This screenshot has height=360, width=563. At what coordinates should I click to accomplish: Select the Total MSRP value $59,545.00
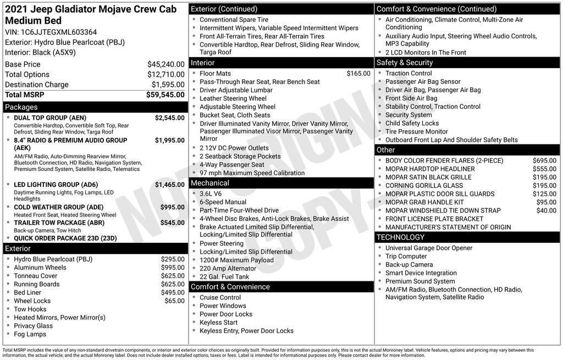pyautogui.click(x=165, y=95)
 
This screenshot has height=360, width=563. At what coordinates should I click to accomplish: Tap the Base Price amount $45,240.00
pyautogui.click(x=165, y=64)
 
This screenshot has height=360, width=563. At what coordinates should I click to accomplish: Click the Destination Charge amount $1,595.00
pyautogui.click(x=168, y=85)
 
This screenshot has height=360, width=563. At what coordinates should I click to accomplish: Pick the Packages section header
pyautogui.click(x=21, y=107)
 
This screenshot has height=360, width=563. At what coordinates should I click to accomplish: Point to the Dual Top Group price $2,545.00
pyautogui.click(x=169, y=118)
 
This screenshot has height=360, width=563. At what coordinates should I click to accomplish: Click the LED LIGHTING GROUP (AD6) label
pyautogui.click(x=56, y=185)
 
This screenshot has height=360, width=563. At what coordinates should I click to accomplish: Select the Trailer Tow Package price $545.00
pyautogui.click(x=172, y=223)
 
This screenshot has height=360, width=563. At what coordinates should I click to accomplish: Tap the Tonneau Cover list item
pyautogui.click(x=35, y=276)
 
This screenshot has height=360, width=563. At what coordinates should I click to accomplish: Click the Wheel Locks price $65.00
pyautogui.click(x=174, y=301)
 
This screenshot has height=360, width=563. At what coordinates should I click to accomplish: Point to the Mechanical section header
pyautogui.click(x=210, y=183)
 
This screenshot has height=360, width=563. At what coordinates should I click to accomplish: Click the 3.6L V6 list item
pyautogui.click(x=211, y=193)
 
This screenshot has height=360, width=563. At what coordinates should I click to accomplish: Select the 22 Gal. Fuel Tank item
pyautogui.click(x=224, y=277)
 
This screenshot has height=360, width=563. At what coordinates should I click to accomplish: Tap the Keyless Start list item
pyautogui.click(x=219, y=323)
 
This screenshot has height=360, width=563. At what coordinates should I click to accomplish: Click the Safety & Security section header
pyautogui.click(x=405, y=63)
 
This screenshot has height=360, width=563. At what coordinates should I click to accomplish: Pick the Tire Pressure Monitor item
pyautogui.click(x=416, y=132)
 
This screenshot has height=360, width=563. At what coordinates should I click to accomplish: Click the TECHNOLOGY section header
pyautogui.click(x=400, y=237)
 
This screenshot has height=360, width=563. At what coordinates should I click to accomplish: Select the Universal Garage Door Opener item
pyautogui.click(x=429, y=248)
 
